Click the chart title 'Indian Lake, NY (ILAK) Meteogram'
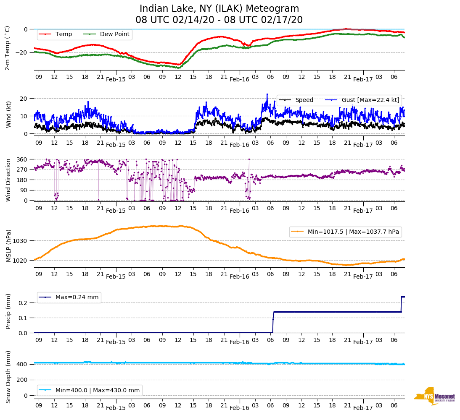(x=219, y=9)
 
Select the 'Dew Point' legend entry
(x=114, y=34)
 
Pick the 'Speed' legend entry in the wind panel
(x=304, y=100)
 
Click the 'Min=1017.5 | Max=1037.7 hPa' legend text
(x=353, y=232)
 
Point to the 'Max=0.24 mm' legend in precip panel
(x=77, y=297)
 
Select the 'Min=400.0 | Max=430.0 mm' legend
(x=97, y=390)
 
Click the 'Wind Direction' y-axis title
(x=8, y=180)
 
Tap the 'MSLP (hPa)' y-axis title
(x=8, y=246)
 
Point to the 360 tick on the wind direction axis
(x=22, y=159)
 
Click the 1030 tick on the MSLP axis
(x=20, y=241)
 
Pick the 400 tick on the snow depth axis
(x=22, y=364)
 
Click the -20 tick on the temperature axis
(x=21, y=53)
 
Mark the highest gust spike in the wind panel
(x=267, y=94)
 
